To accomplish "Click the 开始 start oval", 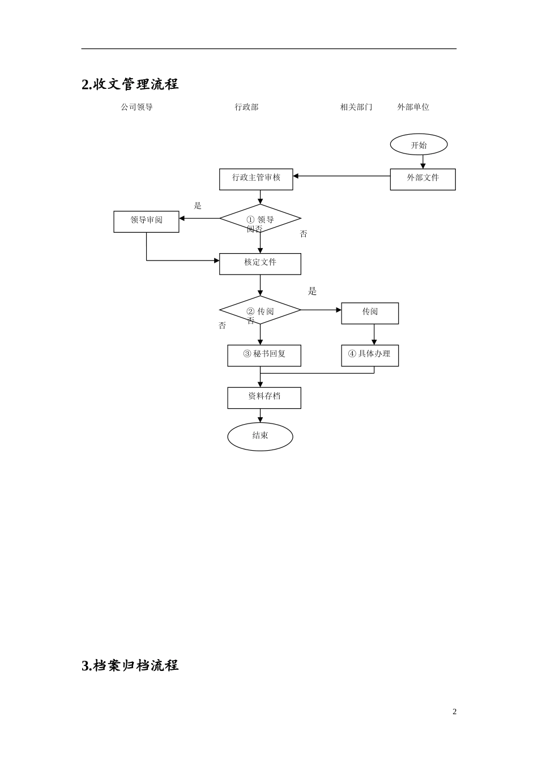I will point(419,144).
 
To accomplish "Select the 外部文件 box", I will point(422,179).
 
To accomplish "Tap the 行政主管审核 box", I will point(256,179).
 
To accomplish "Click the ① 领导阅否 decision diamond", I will point(260,219).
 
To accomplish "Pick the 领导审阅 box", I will point(146,221).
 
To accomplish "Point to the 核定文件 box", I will point(260,264).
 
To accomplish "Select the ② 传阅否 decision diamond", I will point(260,310).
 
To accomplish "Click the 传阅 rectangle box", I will point(370,313).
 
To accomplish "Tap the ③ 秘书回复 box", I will point(264,356).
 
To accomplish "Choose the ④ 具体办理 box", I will point(370,356).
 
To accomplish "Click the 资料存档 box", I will point(264,397).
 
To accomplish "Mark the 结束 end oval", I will point(260,437).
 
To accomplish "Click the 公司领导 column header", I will point(136,107).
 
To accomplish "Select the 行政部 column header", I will point(246,107).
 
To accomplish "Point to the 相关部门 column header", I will point(356,107).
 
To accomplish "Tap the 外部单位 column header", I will point(413,107).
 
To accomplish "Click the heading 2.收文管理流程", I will point(130,84).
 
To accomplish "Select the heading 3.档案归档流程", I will point(130,665).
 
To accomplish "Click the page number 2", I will point(454,712).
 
